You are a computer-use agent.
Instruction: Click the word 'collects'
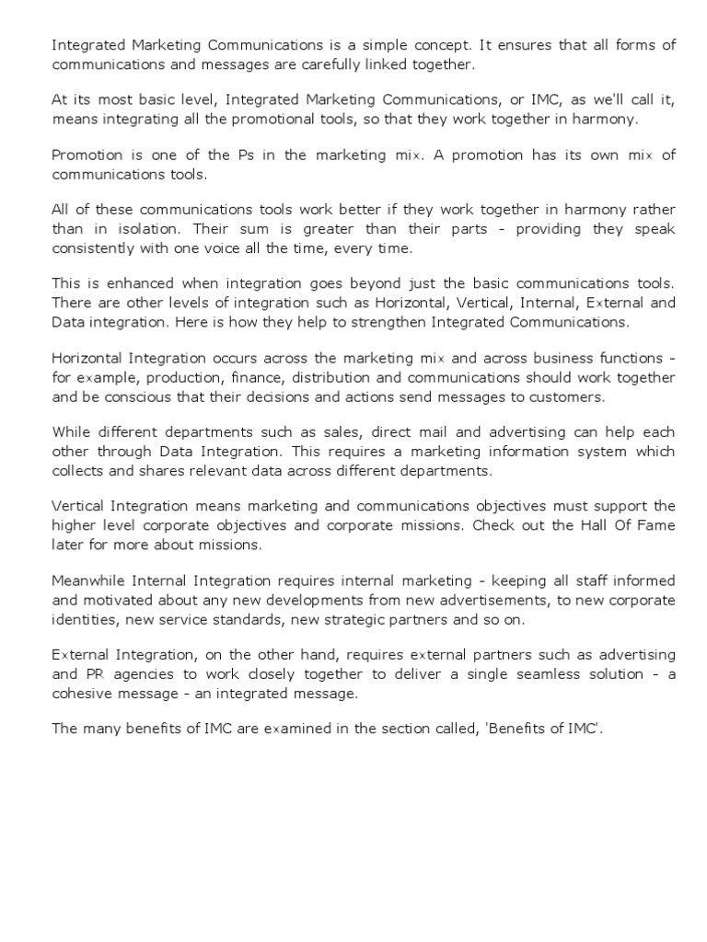pos(78,469)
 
